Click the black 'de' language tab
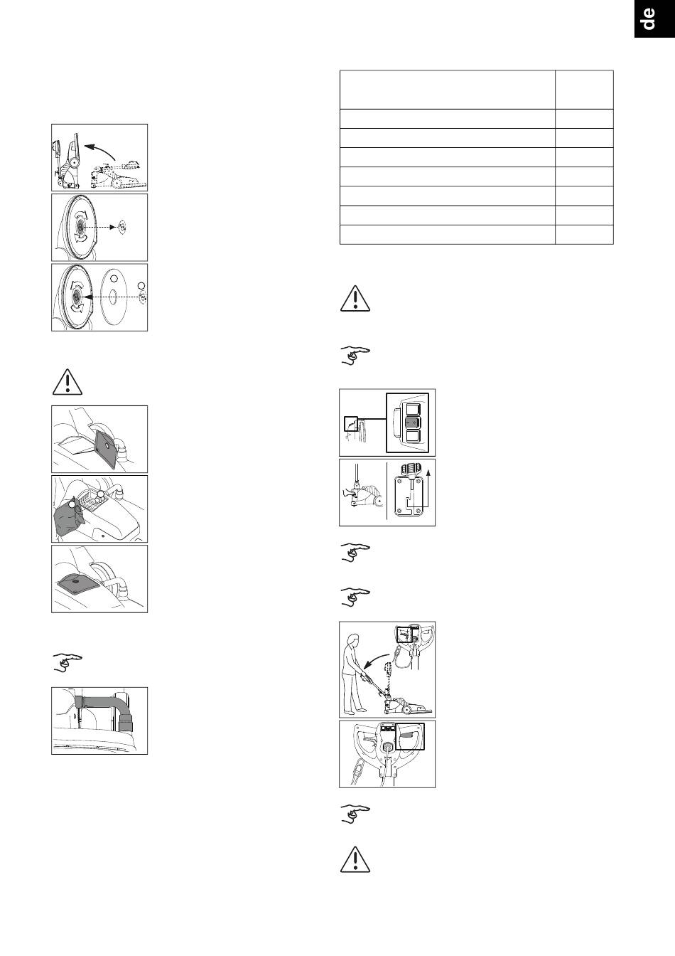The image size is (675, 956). (x=654, y=18)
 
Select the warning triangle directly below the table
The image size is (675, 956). (x=355, y=298)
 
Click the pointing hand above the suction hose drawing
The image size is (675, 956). (x=67, y=662)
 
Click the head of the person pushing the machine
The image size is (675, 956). (x=354, y=640)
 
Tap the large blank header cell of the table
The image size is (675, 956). (x=448, y=90)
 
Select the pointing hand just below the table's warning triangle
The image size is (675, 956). (x=355, y=356)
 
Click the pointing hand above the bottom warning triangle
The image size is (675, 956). (x=355, y=814)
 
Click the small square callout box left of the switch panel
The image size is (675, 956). (x=352, y=424)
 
